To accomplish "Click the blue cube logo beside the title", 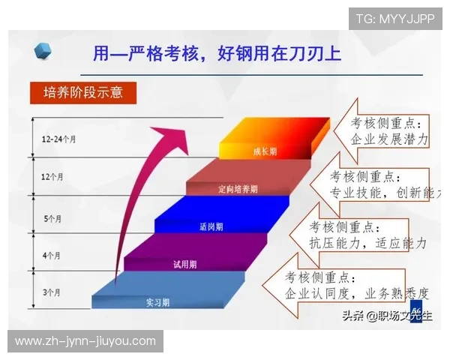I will (x=43, y=51).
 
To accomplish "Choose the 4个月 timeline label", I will (x=52, y=256).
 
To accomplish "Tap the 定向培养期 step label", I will (x=238, y=188).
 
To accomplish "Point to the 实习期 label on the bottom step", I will (x=157, y=302).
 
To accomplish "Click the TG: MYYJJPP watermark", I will (x=395, y=18).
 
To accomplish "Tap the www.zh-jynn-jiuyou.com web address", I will (x=85, y=341).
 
